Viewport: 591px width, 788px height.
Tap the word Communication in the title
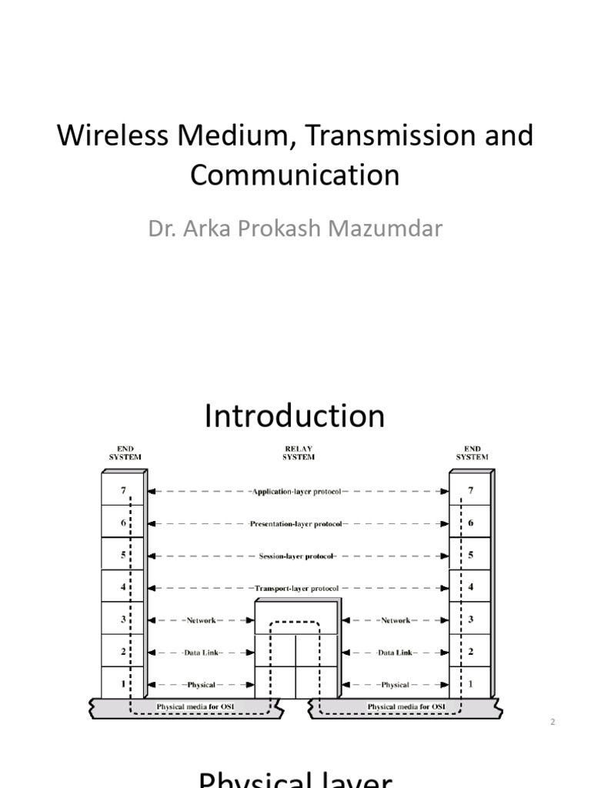(x=295, y=175)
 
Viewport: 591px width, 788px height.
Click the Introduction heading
(x=295, y=416)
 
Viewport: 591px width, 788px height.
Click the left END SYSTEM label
(x=124, y=452)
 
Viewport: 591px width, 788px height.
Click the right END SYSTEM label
(x=472, y=452)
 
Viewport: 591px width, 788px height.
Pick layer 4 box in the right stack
(x=471, y=587)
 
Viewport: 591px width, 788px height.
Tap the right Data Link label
(x=395, y=652)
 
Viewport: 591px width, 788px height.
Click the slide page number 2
(x=553, y=722)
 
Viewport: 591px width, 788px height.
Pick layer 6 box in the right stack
(x=471, y=523)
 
